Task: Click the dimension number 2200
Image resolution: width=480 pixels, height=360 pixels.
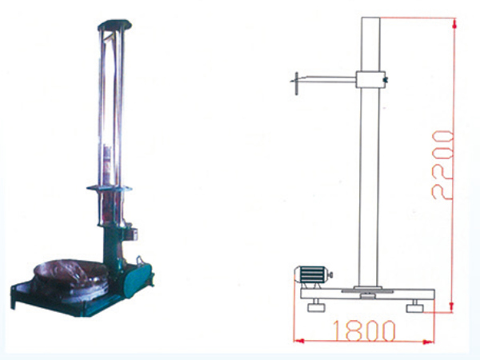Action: point(442,166)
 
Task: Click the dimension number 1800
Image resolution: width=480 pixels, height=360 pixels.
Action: point(364,331)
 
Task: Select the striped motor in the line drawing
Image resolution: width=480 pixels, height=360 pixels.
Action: point(312,275)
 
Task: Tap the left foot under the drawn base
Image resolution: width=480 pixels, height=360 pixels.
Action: point(316,306)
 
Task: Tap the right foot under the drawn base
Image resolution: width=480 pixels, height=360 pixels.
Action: point(414,306)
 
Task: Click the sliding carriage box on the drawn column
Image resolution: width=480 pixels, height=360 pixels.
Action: point(370,79)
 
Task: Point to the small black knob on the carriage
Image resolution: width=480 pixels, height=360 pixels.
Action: point(386,80)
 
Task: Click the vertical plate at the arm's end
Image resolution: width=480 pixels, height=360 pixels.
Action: point(296,83)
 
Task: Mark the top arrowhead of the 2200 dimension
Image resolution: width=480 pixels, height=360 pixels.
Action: point(454,23)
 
